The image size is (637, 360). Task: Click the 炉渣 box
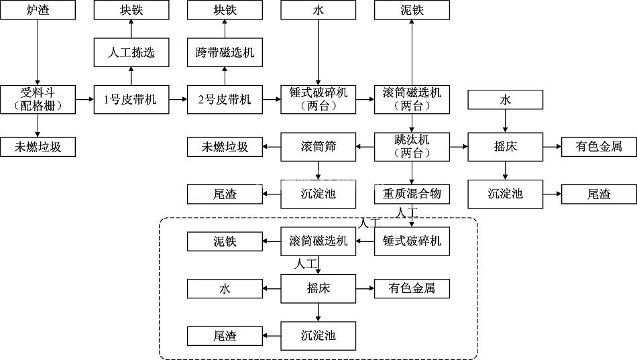point(38,11)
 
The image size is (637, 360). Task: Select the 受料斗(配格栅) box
point(38,99)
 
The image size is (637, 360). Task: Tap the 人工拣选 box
point(131,52)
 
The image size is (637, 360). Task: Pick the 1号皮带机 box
point(131,99)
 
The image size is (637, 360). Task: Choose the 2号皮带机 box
point(225,99)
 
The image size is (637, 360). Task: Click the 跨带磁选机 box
point(225,52)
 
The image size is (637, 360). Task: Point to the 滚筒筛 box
point(318,147)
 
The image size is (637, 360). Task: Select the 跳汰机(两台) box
point(412,147)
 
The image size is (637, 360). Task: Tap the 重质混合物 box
point(412,194)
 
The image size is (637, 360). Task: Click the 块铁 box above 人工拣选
point(131,11)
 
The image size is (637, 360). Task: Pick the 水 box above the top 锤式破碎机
point(318,11)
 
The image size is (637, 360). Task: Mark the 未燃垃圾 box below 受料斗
point(38,147)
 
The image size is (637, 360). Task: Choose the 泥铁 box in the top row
point(412,11)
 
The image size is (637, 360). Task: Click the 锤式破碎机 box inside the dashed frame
point(412,241)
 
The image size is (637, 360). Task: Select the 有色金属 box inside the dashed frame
point(412,288)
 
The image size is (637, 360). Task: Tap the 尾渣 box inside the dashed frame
point(225,335)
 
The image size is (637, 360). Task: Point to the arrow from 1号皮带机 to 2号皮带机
point(178,99)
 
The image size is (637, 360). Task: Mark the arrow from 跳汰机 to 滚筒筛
point(364,147)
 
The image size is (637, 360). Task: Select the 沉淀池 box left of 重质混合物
point(318,194)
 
